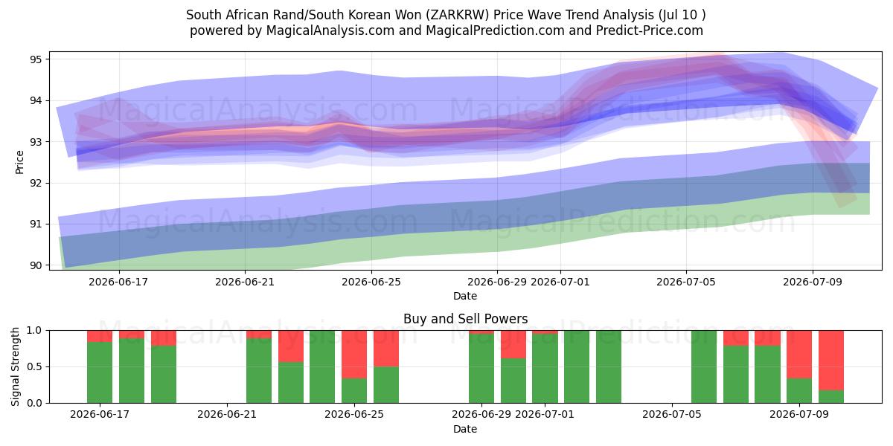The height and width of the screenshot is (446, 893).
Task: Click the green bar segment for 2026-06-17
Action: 100,372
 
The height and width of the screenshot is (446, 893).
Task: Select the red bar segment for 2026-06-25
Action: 354,354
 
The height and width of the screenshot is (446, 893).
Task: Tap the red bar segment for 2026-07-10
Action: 831,361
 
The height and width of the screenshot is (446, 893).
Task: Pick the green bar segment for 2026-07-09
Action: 799,391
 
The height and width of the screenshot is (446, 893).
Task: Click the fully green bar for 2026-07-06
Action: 704,366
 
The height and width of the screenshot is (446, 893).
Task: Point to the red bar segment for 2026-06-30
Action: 513,344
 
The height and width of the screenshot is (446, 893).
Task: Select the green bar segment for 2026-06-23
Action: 291,382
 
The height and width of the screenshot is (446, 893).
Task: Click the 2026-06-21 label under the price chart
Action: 245,282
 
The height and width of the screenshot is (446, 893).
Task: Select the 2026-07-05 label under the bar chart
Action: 672,415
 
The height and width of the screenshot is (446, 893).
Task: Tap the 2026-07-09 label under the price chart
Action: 813,282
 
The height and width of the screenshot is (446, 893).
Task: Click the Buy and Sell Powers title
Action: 465,319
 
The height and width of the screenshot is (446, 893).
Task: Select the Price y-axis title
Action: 19,162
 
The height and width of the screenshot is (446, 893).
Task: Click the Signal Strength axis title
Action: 15,366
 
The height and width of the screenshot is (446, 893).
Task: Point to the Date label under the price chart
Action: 465,296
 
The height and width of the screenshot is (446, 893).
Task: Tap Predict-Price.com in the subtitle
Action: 650,30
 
